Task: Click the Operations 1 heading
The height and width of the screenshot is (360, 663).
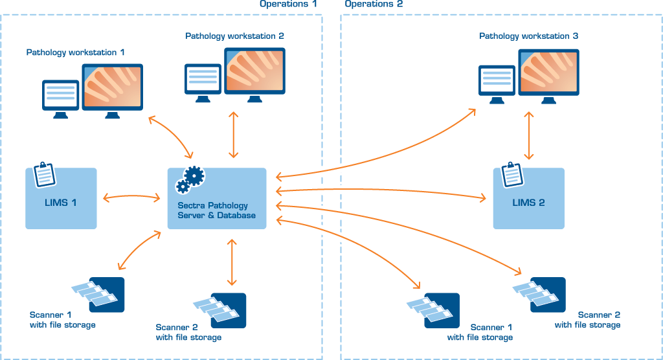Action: (x=289, y=4)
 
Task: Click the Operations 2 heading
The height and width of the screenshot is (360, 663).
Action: (x=374, y=4)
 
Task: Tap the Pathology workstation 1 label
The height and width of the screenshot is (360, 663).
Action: (x=76, y=52)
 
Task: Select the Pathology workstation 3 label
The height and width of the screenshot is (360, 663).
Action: (x=529, y=36)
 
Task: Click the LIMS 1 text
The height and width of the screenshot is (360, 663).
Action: (x=61, y=203)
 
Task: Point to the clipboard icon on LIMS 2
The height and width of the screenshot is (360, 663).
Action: (x=511, y=173)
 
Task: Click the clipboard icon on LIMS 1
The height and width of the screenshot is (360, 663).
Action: (x=44, y=173)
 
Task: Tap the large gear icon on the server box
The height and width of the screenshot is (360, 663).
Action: (x=194, y=175)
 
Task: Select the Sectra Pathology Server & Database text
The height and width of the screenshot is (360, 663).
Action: (x=216, y=210)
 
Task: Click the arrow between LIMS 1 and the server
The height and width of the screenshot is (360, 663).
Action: (x=131, y=196)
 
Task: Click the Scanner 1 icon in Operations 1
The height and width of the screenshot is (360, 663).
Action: (x=98, y=295)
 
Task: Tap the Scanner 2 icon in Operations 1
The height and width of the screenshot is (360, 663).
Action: (x=221, y=310)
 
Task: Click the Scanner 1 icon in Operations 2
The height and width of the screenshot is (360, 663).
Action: (x=434, y=310)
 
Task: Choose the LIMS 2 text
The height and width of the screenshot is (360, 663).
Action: (x=528, y=203)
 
